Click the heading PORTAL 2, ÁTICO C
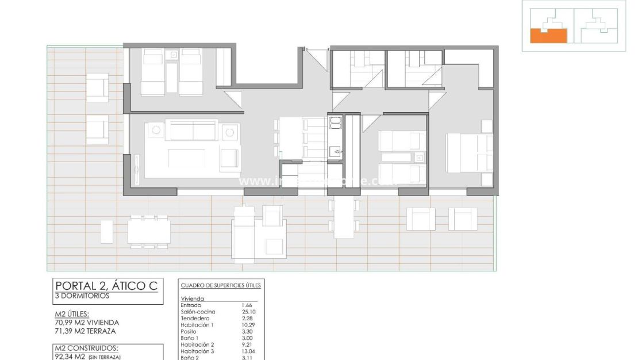(105, 286)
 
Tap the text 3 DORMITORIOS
(80, 296)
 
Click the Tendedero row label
(195, 318)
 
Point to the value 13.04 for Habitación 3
(249, 351)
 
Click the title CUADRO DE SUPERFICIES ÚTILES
(221, 285)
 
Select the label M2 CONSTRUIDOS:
(86, 348)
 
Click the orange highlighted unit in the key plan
(548, 36)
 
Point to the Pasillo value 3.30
(248, 331)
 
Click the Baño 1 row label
(190, 338)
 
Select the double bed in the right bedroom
(468, 152)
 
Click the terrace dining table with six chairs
(149, 231)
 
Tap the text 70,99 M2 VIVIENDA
(86, 323)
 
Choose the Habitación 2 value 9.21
(248, 344)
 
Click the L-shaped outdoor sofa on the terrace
(253, 232)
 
